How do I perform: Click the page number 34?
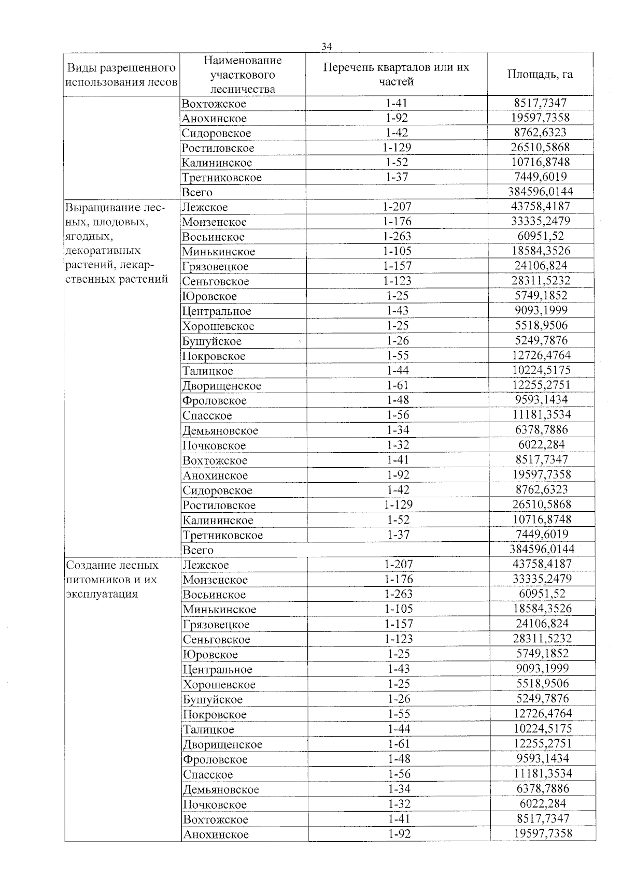click(x=327, y=47)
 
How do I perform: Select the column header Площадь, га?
click(x=540, y=74)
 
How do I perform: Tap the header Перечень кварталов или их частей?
click(x=396, y=74)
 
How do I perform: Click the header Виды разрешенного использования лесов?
click(x=122, y=75)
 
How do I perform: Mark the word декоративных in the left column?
click(x=103, y=251)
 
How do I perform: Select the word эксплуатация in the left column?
click(x=102, y=594)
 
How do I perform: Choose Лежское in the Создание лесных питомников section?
click(x=206, y=565)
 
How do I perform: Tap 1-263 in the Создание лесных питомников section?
click(x=398, y=594)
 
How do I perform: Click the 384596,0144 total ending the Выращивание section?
click(x=542, y=549)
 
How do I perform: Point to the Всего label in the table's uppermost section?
click(x=197, y=192)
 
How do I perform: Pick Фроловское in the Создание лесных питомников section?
click(x=215, y=759)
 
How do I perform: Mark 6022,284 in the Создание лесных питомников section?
click(x=543, y=804)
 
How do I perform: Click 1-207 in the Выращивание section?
click(x=397, y=207)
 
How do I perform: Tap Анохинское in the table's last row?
click(x=216, y=834)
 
